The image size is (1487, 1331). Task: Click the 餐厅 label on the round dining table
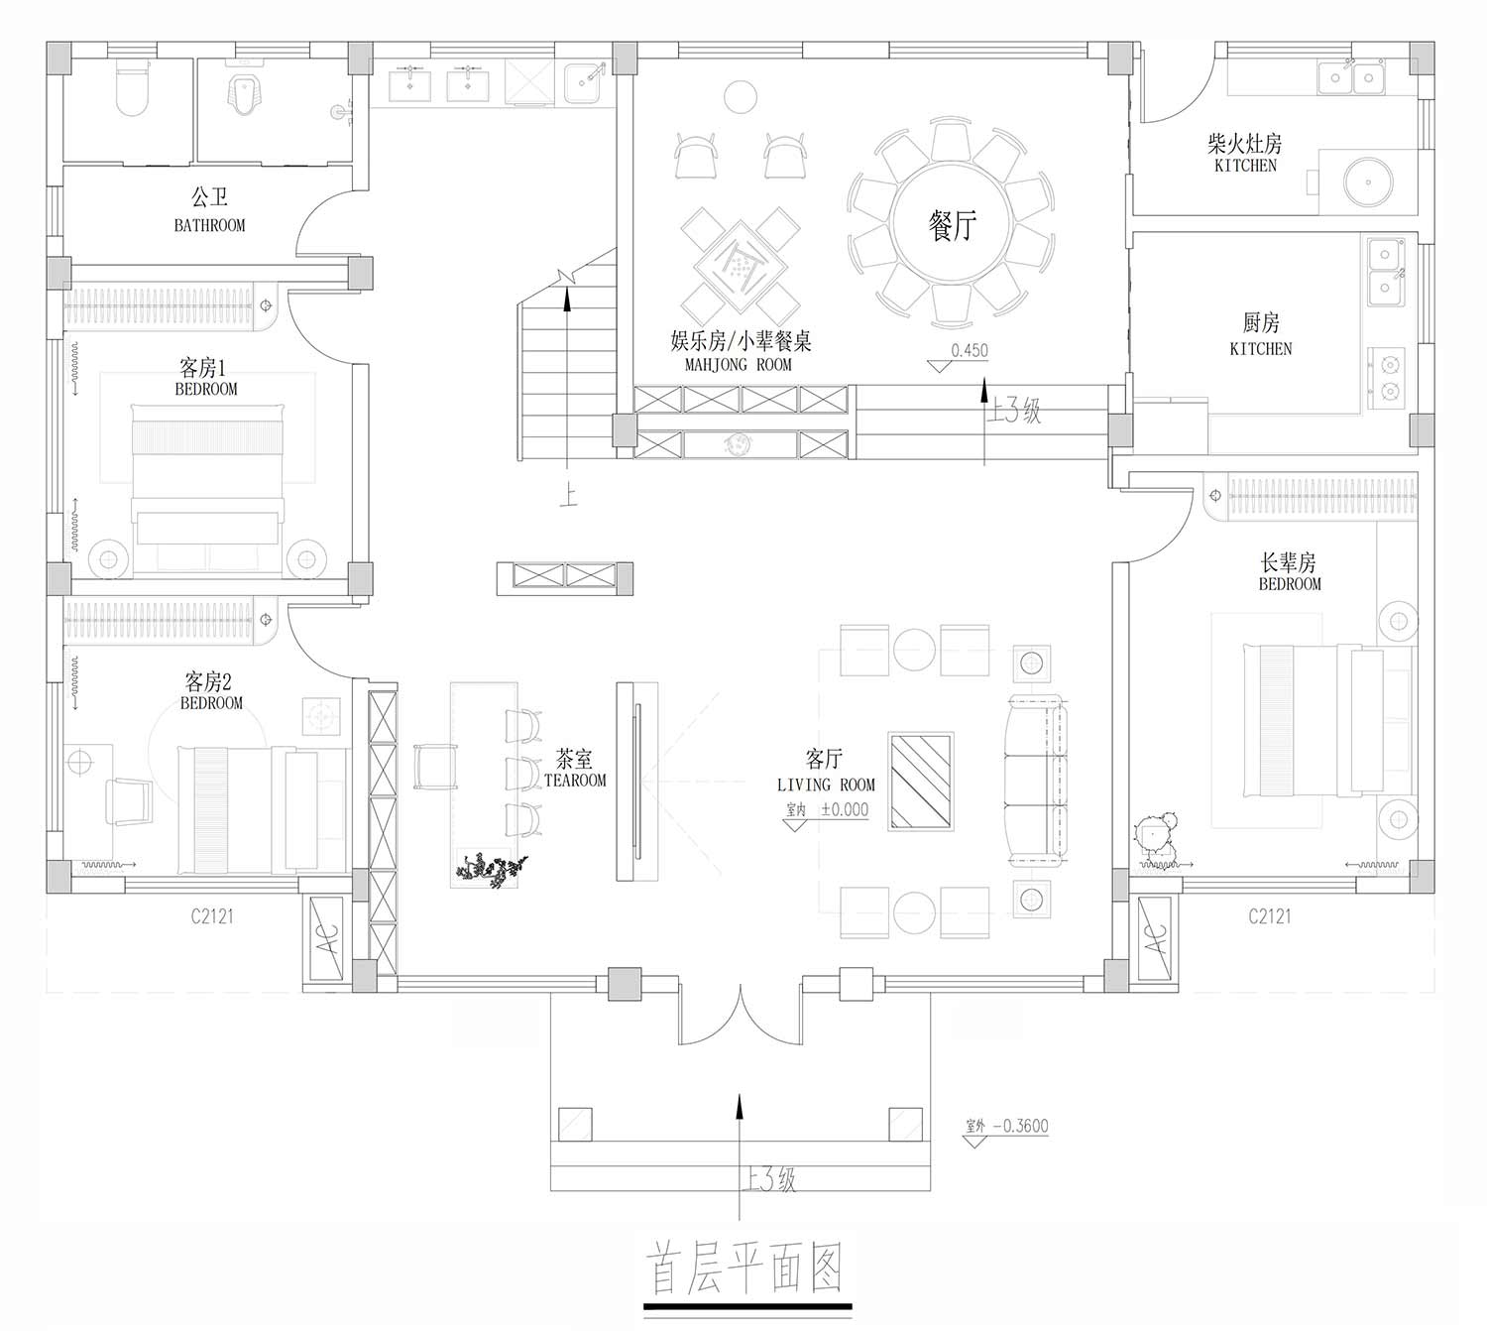pos(952,225)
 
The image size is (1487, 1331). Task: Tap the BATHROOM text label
pos(209,225)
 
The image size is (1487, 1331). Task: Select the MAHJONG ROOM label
pos(739,364)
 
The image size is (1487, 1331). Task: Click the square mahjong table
pos(740,265)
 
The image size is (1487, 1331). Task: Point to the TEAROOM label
pos(575,781)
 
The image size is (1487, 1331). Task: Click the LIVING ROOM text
pos(826,786)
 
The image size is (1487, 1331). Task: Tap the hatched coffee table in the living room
pos(921,781)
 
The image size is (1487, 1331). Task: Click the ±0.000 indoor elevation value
pos(844,809)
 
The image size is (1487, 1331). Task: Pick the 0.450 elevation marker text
pos(970,350)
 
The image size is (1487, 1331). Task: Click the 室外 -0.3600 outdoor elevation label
pos(1007,1126)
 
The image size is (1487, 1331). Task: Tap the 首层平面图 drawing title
pos(744,1269)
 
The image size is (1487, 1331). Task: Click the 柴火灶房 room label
pos(1245,143)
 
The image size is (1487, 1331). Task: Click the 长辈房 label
pos(1288,563)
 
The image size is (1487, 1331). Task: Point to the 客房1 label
pos(202,367)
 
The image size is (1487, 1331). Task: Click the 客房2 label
pos(208,681)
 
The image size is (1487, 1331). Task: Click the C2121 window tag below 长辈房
pos(1270,916)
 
